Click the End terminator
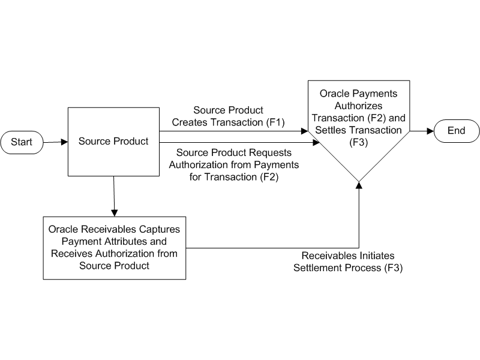coord(457,131)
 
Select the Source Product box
coord(113,142)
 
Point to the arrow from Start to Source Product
coord(55,143)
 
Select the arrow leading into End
coord(422,131)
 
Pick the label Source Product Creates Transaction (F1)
coord(228,116)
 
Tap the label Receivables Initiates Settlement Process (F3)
coord(348,262)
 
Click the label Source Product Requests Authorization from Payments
coord(234,164)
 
